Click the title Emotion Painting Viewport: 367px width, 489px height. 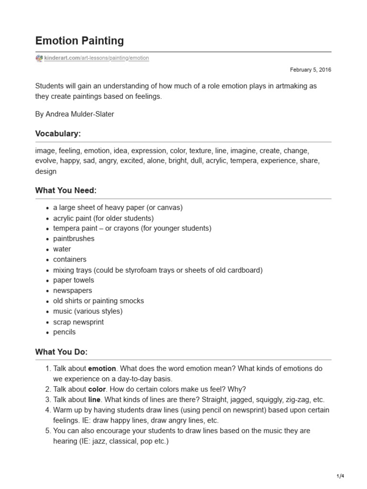[x=79, y=41]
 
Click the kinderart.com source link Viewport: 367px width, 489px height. [x=97, y=58]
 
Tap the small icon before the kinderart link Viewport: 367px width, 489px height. [x=39, y=58]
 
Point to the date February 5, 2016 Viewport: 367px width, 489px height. [x=311, y=70]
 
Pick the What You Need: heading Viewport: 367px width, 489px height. [x=66, y=191]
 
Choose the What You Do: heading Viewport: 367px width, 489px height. [x=62, y=352]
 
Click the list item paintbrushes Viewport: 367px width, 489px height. [x=74, y=239]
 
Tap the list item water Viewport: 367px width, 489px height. [x=62, y=249]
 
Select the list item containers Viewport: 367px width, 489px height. [x=70, y=260]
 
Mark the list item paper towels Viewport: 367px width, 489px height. [x=74, y=280]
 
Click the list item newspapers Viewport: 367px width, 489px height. [x=73, y=291]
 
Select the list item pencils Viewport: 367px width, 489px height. [x=64, y=332]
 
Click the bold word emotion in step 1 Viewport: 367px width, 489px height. [x=102, y=369]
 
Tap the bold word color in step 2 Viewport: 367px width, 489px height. [x=97, y=389]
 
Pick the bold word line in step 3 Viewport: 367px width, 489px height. [x=95, y=400]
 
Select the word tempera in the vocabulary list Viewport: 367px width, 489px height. [x=244, y=161]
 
